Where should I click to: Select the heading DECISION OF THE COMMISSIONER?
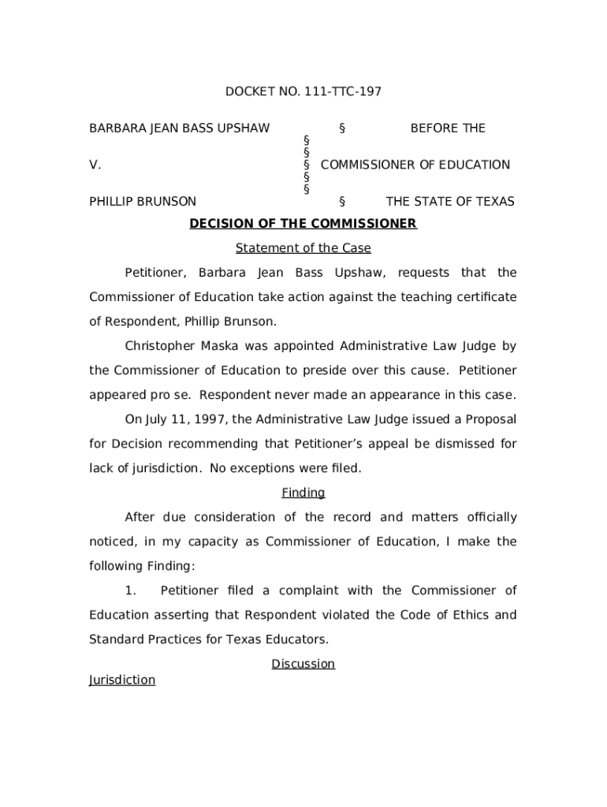303,224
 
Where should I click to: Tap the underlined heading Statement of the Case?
303,248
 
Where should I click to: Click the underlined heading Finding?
303,493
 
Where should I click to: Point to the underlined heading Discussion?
303,664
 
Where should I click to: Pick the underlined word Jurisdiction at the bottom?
122,679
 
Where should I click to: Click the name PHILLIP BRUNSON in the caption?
143,202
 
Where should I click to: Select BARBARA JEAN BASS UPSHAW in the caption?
179,128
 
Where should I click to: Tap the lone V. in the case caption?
95,165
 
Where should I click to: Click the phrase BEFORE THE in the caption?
448,128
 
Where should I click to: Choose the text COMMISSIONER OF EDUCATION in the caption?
415,165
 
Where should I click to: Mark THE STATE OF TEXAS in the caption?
449,202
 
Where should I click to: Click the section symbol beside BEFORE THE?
342,128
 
